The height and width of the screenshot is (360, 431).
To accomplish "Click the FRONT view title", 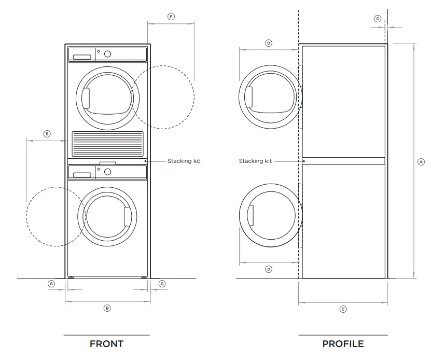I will (x=106, y=344).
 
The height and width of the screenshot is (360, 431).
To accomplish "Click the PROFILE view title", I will (x=343, y=344).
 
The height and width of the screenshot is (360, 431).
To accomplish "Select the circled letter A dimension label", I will (x=421, y=162).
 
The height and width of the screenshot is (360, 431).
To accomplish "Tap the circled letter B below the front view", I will (x=107, y=308).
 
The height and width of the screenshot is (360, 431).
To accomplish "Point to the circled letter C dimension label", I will (x=343, y=309).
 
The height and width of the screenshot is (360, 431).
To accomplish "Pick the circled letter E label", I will (x=47, y=134).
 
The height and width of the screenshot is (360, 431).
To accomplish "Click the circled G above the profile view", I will (x=378, y=19).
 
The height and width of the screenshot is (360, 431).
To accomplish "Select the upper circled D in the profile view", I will (x=269, y=43).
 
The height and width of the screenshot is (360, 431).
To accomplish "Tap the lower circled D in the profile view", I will (x=269, y=269).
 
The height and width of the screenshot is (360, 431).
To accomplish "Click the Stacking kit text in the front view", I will (x=184, y=161).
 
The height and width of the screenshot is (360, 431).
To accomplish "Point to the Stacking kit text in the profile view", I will (x=255, y=161).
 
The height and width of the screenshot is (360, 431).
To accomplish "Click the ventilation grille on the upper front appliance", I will (x=107, y=143).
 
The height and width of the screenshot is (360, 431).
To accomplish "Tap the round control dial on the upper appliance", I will (x=108, y=53).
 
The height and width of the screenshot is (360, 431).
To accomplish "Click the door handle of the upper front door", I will (x=86, y=98).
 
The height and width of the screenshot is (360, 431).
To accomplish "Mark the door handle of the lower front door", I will (x=128, y=216).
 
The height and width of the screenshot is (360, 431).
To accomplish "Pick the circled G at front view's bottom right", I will (x=162, y=284).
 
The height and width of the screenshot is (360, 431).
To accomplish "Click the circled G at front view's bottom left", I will (x=51, y=284).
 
